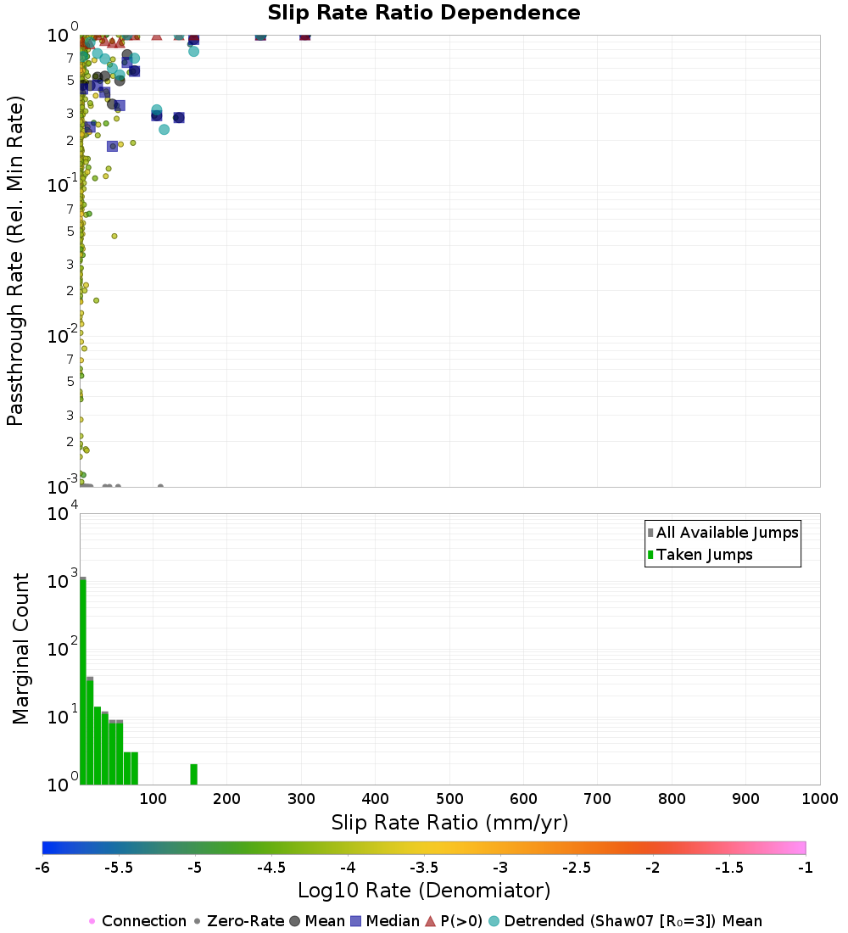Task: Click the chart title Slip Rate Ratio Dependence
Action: [x=424, y=14]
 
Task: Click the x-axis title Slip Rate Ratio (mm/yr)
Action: [x=449, y=822]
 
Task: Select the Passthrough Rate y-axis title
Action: [x=15, y=260]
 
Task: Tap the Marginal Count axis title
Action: [x=20, y=649]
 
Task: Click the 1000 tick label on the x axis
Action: [x=819, y=798]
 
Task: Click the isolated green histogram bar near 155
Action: [x=193, y=774]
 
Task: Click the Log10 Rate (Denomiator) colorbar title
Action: [x=424, y=891]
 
